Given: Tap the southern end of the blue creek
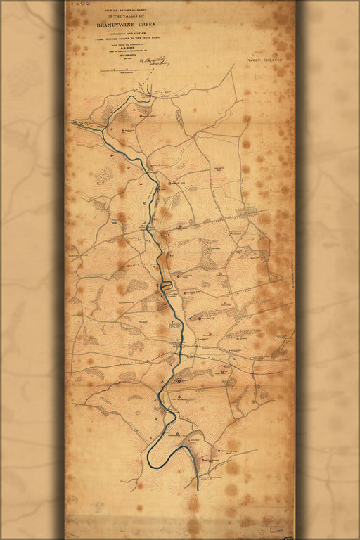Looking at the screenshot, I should [198, 487].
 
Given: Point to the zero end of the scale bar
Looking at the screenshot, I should [99, 71].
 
